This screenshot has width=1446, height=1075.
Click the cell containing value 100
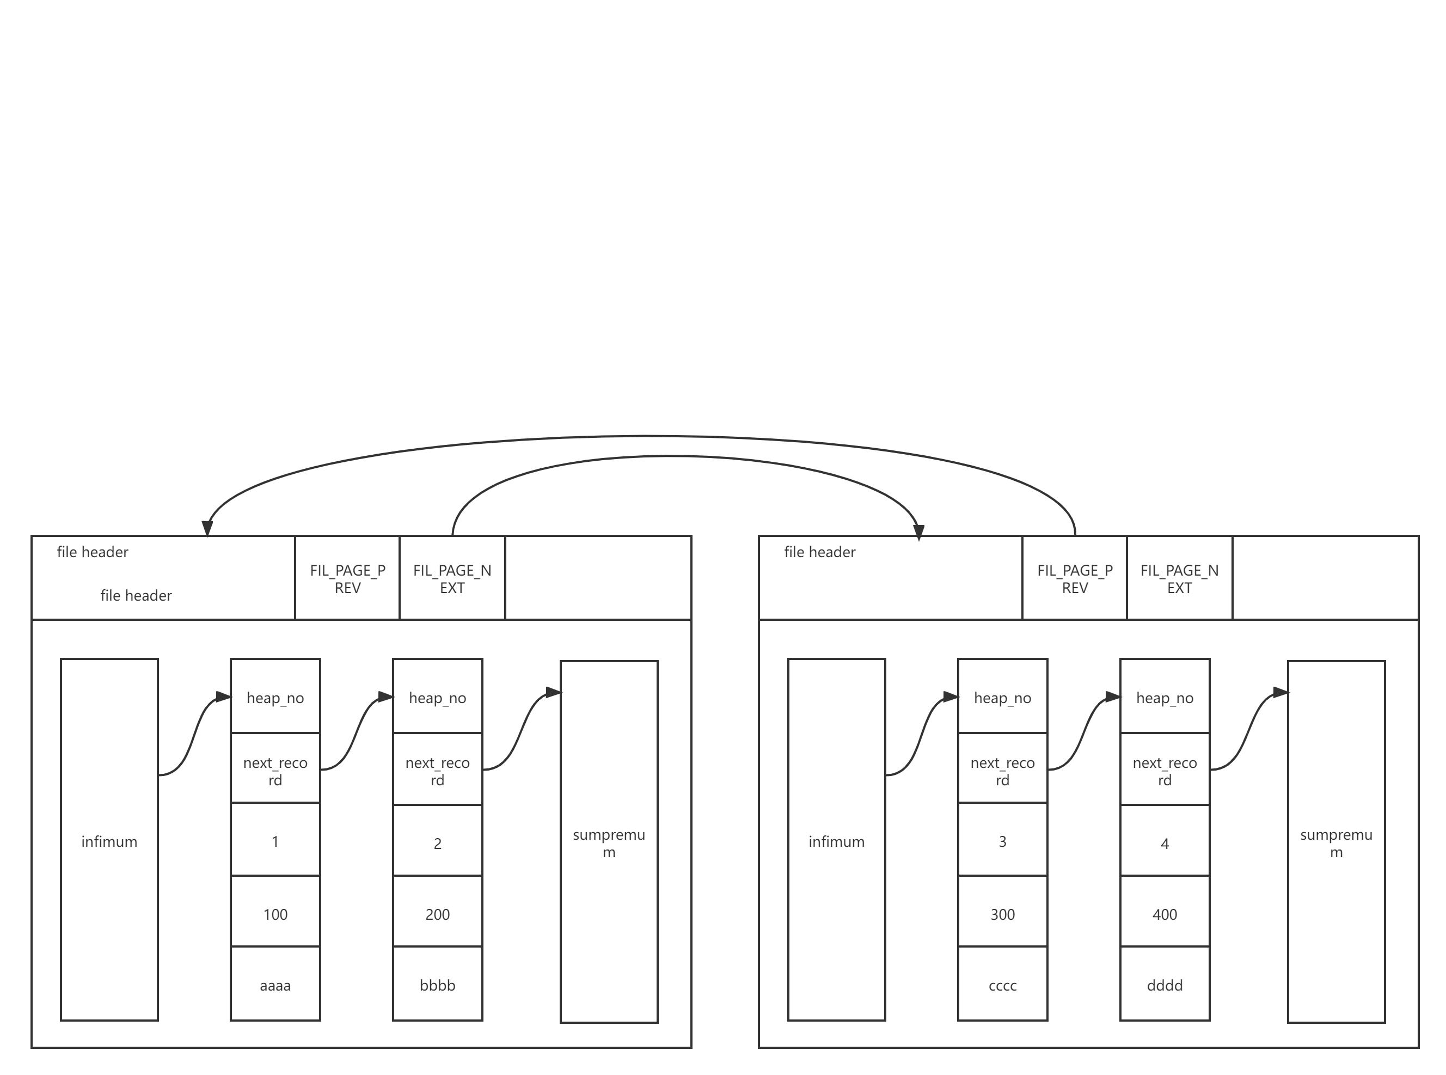(x=275, y=914)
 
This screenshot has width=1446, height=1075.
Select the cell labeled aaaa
(x=275, y=985)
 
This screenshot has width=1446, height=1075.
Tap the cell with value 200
(x=437, y=914)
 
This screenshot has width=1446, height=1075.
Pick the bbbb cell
(x=437, y=985)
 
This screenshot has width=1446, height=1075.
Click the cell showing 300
(x=1002, y=914)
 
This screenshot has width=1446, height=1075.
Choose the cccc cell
(x=1002, y=985)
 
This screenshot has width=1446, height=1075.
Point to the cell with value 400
(x=1165, y=914)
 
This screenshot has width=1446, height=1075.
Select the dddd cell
(x=1165, y=985)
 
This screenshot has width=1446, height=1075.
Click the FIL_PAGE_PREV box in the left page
(x=347, y=578)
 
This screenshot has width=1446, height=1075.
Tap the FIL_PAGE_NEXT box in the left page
(x=452, y=578)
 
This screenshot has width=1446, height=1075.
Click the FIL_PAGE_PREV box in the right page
(x=1075, y=578)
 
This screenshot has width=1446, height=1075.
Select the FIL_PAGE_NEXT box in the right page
(x=1179, y=578)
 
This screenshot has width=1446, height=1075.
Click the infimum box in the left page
(x=109, y=841)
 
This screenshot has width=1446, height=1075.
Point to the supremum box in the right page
(x=1336, y=842)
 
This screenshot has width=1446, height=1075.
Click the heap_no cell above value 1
(x=275, y=698)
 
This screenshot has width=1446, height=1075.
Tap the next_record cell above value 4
(x=1165, y=771)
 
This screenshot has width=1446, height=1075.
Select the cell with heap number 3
(x=1002, y=841)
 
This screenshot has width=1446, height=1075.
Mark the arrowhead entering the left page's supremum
(x=553, y=692)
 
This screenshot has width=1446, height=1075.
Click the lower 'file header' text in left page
(x=136, y=595)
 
